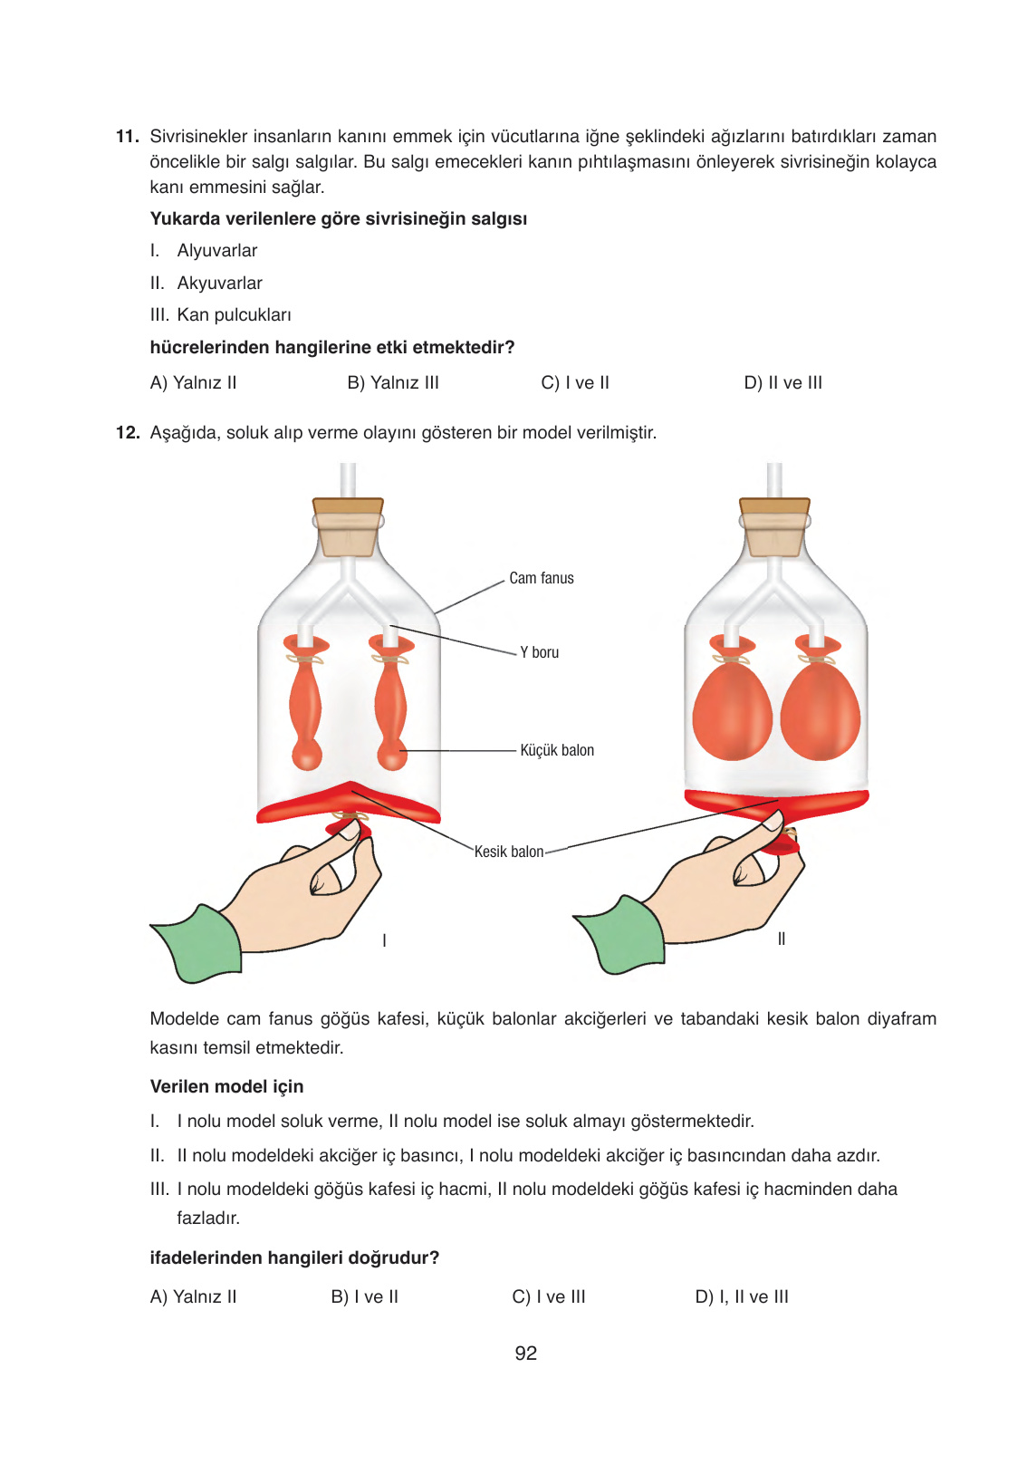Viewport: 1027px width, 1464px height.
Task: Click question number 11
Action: pos(127,137)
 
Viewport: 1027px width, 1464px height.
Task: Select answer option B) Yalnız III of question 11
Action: pos(392,383)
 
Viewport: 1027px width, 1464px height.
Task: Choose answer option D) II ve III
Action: pos(782,383)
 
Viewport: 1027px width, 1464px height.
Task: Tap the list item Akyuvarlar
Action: pos(219,284)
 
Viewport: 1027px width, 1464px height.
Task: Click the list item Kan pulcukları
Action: pos(234,315)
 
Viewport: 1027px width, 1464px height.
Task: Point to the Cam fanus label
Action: pos(541,578)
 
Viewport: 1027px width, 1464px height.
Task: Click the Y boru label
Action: pos(539,652)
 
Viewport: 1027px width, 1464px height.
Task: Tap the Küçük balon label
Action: pos(556,750)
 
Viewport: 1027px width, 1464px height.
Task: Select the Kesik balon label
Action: pos(509,852)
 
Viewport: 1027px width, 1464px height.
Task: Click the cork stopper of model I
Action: pos(348,528)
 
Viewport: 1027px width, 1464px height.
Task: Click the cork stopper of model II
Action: pos(774,528)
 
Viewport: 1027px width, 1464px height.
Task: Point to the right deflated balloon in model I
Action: pos(391,707)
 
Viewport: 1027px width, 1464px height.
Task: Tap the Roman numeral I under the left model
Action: pos(385,940)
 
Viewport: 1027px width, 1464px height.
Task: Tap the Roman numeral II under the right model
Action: pos(782,939)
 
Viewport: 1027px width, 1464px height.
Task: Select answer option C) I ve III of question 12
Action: pos(549,1297)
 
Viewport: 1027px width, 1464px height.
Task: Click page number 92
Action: pos(525,1353)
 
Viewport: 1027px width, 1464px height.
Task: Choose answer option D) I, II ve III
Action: pos(742,1297)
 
